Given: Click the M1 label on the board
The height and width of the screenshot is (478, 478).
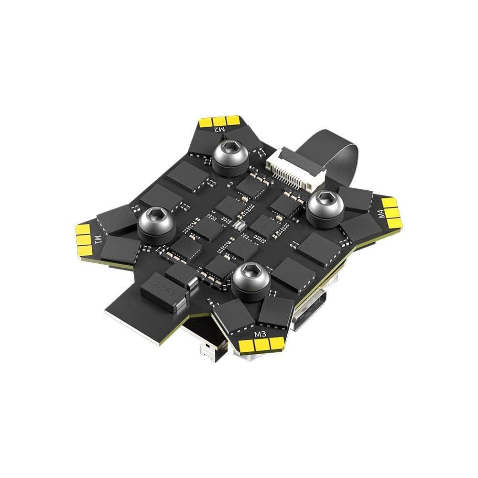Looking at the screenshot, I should (98, 238).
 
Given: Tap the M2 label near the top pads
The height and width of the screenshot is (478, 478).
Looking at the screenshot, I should (219, 129).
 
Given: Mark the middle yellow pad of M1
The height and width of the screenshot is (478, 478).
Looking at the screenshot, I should (84, 239).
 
